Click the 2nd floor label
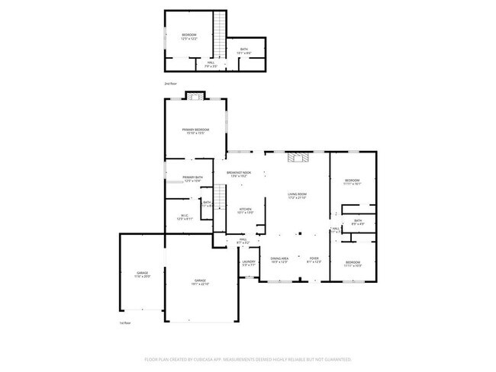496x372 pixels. coord(170,83)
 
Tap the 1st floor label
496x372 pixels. coord(125,322)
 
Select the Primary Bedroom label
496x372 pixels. coord(195,130)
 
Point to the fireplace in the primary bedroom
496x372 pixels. coord(196,97)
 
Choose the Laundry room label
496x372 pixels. coord(249,262)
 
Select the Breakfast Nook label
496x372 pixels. coord(239,173)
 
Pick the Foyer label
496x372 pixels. coord(313,259)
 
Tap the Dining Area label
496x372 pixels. coord(279,259)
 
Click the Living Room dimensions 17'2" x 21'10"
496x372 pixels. coord(297,198)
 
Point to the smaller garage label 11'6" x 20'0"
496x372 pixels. coord(142,277)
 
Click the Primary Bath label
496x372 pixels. coord(192,178)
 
